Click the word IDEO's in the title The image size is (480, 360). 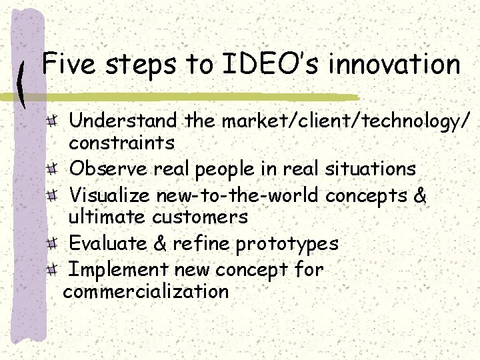click(274, 65)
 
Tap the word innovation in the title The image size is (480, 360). click(395, 65)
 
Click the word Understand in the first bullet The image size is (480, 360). click(124, 121)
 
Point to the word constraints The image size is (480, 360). click(122, 142)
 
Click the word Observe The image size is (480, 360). click(109, 169)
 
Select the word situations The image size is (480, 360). click(370, 169)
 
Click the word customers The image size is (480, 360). click(200, 217)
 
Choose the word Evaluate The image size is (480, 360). click(110, 243)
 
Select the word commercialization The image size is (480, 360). click(146, 291)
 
